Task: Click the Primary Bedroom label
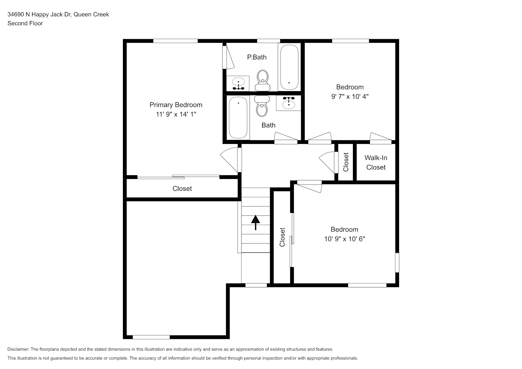tap(176, 105)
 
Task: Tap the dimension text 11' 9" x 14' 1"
tap(176, 114)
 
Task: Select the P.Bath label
tap(257, 57)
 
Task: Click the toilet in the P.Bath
tap(262, 80)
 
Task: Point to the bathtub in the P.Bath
tap(289, 67)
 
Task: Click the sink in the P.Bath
tap(238, 83)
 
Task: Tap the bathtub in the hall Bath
tap(238, 117)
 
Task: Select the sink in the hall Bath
tap(289, 103)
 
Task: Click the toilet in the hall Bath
tap(262, 106)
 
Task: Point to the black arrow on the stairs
tap(255, 223)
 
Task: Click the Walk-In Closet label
tap(376, 162)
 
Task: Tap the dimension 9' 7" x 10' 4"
tap(350, 96)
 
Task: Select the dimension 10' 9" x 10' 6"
tap(344, 239)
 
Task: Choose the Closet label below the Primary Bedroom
tap(182, 189)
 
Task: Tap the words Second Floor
tap(25, 23)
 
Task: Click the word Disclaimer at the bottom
tap(18, 349)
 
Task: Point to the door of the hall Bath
tap(286, 138)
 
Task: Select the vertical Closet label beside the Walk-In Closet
tap(346, 162)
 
